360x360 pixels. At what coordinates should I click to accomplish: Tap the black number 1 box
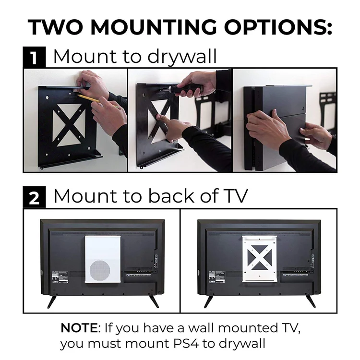pos(34,58)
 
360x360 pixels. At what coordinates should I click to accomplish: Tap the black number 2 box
pos(34,197)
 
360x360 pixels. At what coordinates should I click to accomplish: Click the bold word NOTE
pos(79,328)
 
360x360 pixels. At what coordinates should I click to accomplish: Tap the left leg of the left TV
pos(52,301)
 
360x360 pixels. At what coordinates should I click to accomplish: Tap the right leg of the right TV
pos(311,301)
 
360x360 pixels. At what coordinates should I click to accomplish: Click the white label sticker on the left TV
pos(59,276)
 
